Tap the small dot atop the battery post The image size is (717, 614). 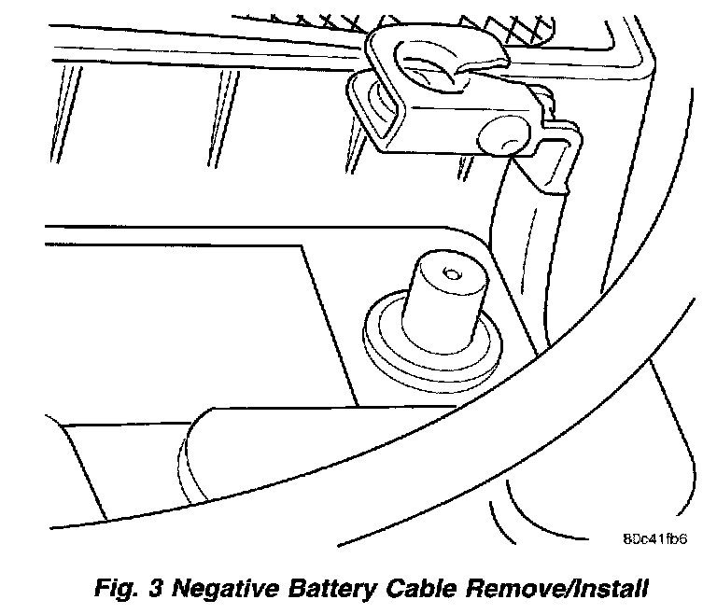pos(450,274)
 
